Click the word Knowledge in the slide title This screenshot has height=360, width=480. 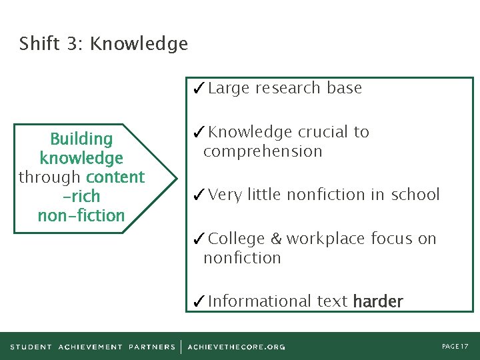click(139, 45)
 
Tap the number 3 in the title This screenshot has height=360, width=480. click(71, 44)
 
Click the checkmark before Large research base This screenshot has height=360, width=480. click(198, 88)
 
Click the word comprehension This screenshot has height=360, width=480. click(263, 151)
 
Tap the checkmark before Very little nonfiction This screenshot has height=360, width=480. click(198, 195)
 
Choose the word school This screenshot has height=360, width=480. click(415, 195)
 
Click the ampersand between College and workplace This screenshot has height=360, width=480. click(276, 239)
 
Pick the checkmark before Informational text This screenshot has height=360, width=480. click(198, 302)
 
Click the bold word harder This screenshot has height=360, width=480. click(378, 302)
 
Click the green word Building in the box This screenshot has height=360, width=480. click(81, 139)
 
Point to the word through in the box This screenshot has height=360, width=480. click(50, 177)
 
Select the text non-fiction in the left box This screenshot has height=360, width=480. click(81, 215)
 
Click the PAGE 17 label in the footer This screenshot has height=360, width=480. click(455, 347)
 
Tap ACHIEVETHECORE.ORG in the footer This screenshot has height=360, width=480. click(237, 347)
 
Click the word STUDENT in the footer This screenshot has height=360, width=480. click(31, 347)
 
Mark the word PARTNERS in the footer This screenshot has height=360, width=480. click(151, 347)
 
